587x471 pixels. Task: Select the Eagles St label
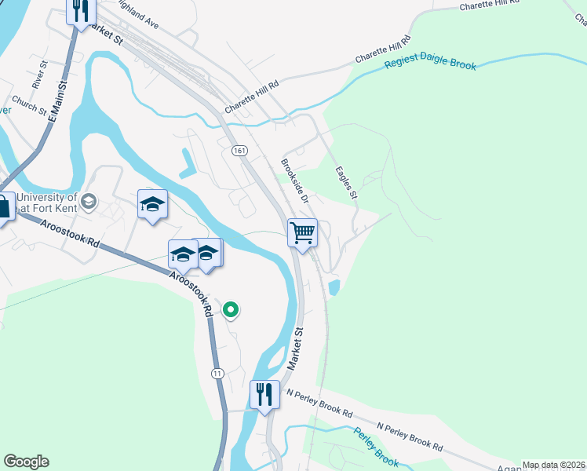pos(346,182)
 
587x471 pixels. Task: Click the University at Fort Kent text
pos(47,203)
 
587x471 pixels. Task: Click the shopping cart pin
pos(302,233)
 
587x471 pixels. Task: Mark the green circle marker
pos(231,310)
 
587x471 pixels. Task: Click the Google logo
pos(26,462)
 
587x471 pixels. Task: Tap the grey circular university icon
pos(89,201)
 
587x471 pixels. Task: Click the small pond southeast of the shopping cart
pos(334,287)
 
